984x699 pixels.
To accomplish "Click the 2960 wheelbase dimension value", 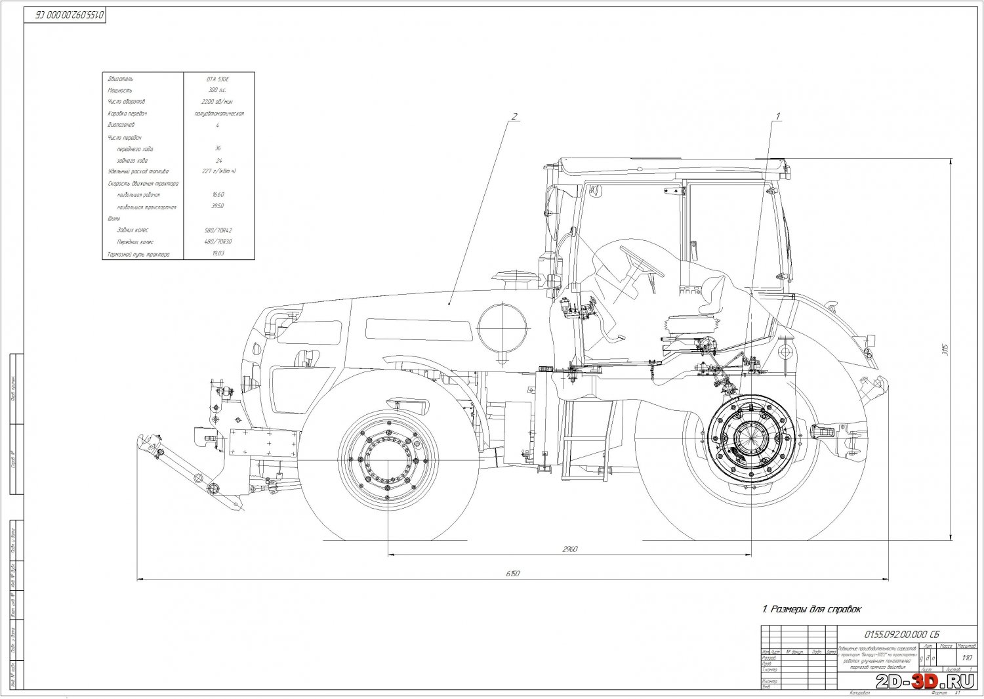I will [569, 549].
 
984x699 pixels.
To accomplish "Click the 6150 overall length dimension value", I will [513, 574].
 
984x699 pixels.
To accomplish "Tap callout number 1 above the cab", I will [778, 116].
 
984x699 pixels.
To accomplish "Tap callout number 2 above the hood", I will [514, 117].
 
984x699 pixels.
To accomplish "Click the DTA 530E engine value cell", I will [218, 79].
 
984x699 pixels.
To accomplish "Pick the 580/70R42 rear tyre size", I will [218, 230].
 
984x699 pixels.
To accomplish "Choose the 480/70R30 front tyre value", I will [218, 242].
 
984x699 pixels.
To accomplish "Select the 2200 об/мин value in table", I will [218, 102].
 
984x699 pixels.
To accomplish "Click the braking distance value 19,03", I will [218, 253].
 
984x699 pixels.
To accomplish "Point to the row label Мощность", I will [121, 90].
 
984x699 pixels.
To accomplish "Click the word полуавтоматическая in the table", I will [218, 114].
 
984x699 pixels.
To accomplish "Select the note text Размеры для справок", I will [811, 609].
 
